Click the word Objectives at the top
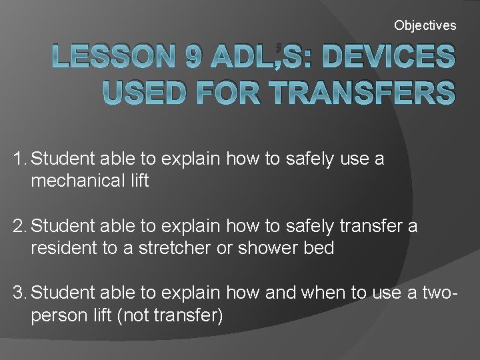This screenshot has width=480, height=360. [425, 25]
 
